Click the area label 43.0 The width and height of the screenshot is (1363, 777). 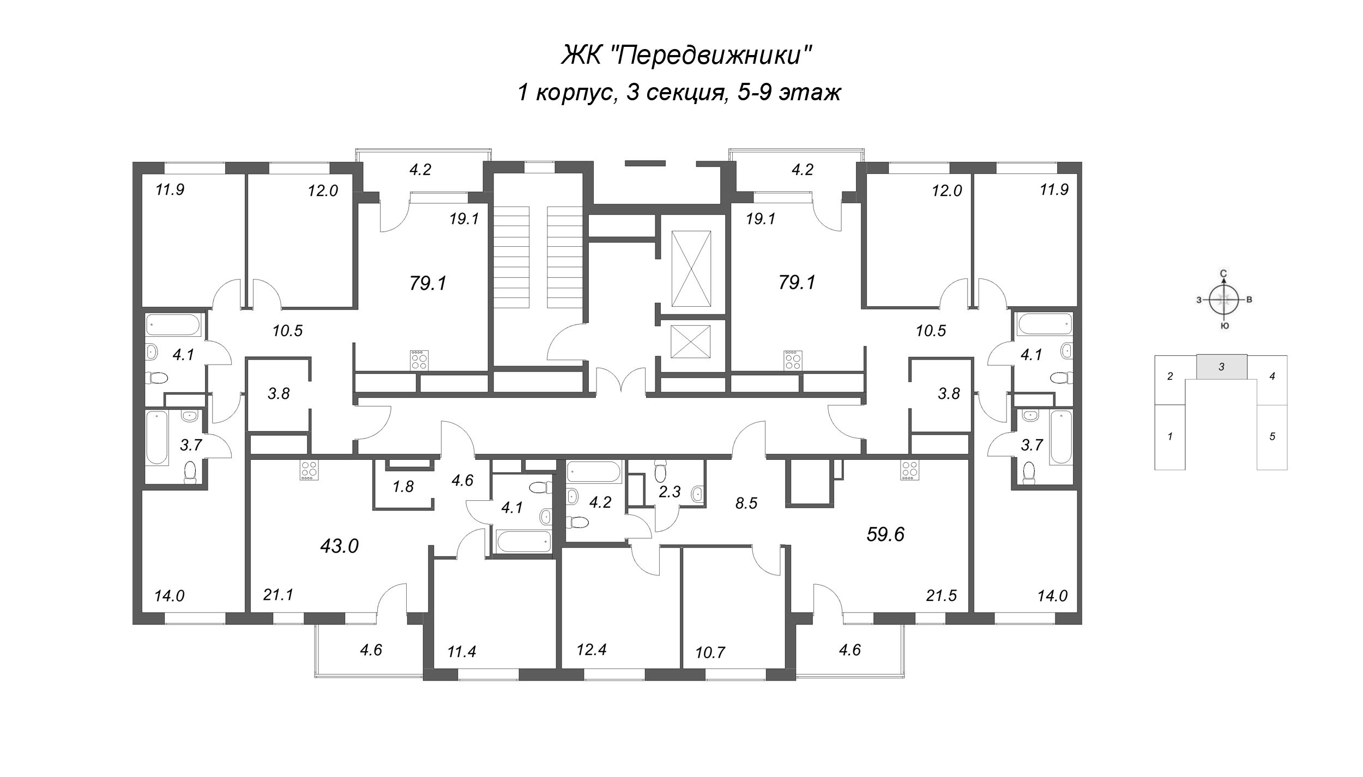point(339,545)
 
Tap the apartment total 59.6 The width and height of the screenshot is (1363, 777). point(885,535)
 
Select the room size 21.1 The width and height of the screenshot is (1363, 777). point(278,595)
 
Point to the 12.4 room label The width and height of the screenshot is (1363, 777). point(592,649)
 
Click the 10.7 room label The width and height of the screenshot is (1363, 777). point(710,652)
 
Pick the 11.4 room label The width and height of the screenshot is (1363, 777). point(462,652)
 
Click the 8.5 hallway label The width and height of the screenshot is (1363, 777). point(746,503)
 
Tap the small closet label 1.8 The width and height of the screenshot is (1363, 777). point(403,487)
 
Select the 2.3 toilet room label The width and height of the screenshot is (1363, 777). point(670,492)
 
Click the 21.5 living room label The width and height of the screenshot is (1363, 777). point(942,596)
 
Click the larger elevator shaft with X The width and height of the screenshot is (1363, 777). point(691,269)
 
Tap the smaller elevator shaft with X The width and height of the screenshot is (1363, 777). point(691,342)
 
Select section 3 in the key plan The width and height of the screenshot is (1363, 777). point(1221,367)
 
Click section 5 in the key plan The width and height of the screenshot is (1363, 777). point(1272,436)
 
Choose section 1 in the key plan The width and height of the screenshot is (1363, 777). point(1169,436)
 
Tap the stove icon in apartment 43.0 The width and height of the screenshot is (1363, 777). point(309,470)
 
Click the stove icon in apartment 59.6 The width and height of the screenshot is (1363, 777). point(909,470)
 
